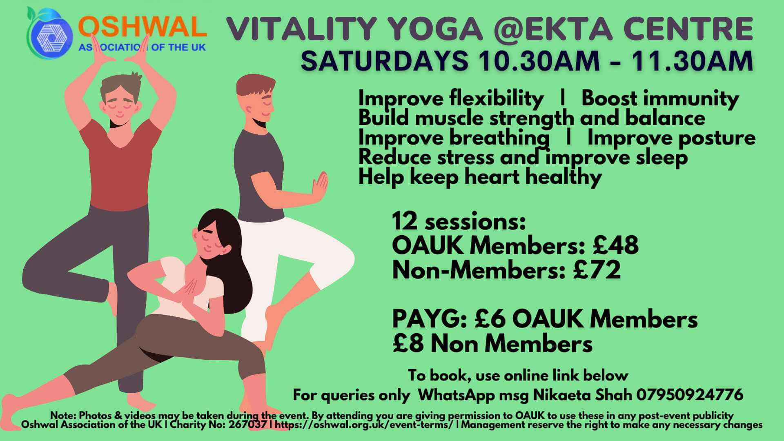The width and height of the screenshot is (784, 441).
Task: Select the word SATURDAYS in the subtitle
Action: tap(384, 60)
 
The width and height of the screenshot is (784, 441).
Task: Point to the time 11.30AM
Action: tap(692, 60)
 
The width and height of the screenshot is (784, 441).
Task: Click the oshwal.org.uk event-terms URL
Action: tap(364, 425)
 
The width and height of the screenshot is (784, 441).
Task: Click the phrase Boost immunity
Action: tap(660, 99)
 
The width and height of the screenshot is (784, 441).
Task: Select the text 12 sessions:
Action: tap(459, 221)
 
